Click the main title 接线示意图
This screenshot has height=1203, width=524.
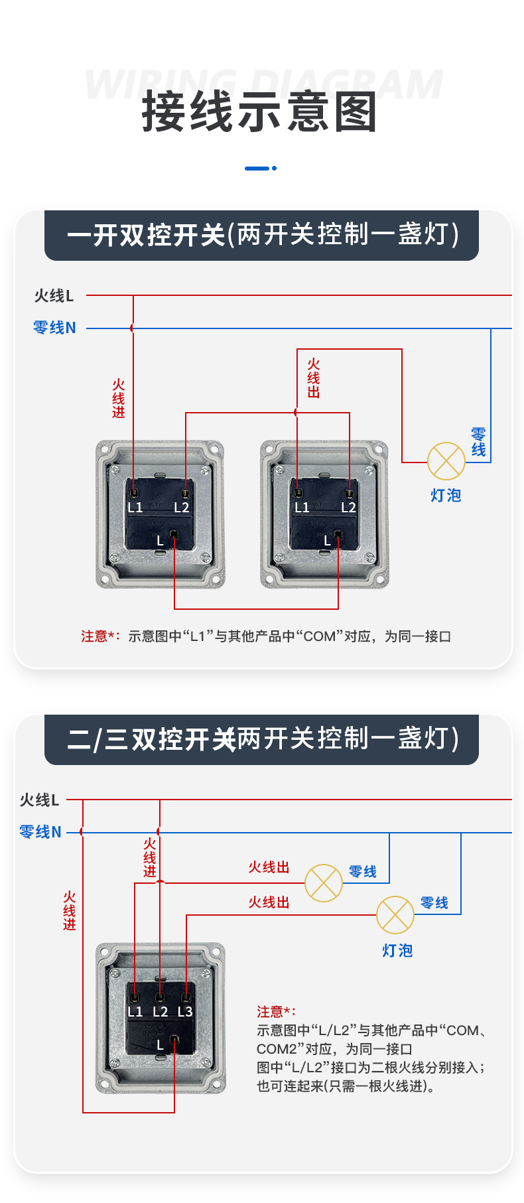259,112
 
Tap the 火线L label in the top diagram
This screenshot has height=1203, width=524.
54,296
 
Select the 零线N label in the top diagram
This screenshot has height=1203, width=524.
54,328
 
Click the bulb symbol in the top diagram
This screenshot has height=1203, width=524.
446,461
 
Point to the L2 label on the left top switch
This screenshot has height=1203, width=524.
181,508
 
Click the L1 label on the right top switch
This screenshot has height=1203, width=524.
302,508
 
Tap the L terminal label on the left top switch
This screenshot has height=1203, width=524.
160,541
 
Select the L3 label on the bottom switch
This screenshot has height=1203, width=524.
184,1012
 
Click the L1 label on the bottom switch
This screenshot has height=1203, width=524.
135,1012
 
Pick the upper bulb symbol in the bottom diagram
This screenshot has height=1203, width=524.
324,883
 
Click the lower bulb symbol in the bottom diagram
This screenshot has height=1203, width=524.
395,915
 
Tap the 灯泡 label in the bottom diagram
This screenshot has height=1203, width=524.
397,951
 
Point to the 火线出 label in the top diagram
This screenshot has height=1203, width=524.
314,378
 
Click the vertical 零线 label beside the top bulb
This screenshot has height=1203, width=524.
478,443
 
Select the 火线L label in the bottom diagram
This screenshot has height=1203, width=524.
40,800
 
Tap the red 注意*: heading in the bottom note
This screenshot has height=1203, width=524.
277,1012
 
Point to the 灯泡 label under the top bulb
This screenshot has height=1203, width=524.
446,496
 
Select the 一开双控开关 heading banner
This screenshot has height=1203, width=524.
261,236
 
